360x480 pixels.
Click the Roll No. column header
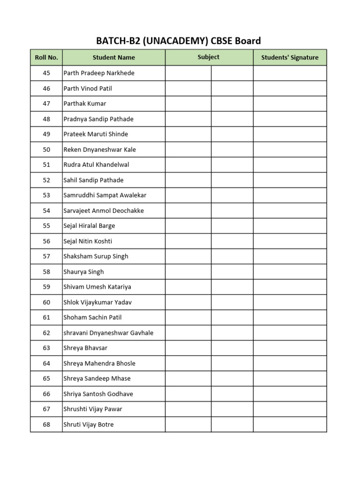coord(46,58)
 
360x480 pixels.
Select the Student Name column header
coord(113,58)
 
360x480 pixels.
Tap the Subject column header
coord(209,57)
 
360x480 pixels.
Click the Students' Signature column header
coord(290,58)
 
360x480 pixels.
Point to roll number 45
coord(46,73)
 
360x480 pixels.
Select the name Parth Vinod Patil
coord(88,89)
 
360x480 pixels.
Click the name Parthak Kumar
coord(85,104)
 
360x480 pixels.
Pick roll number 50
coord(46,150)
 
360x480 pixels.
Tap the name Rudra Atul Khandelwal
coord(96,165)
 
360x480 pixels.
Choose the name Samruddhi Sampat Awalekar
coord(105,195)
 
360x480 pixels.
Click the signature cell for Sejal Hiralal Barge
coord(290,226)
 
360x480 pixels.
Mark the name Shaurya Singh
coord(84,272)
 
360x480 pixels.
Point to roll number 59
coord(46,287)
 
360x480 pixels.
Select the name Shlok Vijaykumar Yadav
coord(97,302)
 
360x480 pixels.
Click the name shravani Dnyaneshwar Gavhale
coord(108,333)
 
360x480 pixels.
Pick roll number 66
coord(46,394)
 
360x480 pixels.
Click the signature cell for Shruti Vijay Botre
coord(290,424)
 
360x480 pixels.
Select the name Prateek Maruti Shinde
coord(96,134)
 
